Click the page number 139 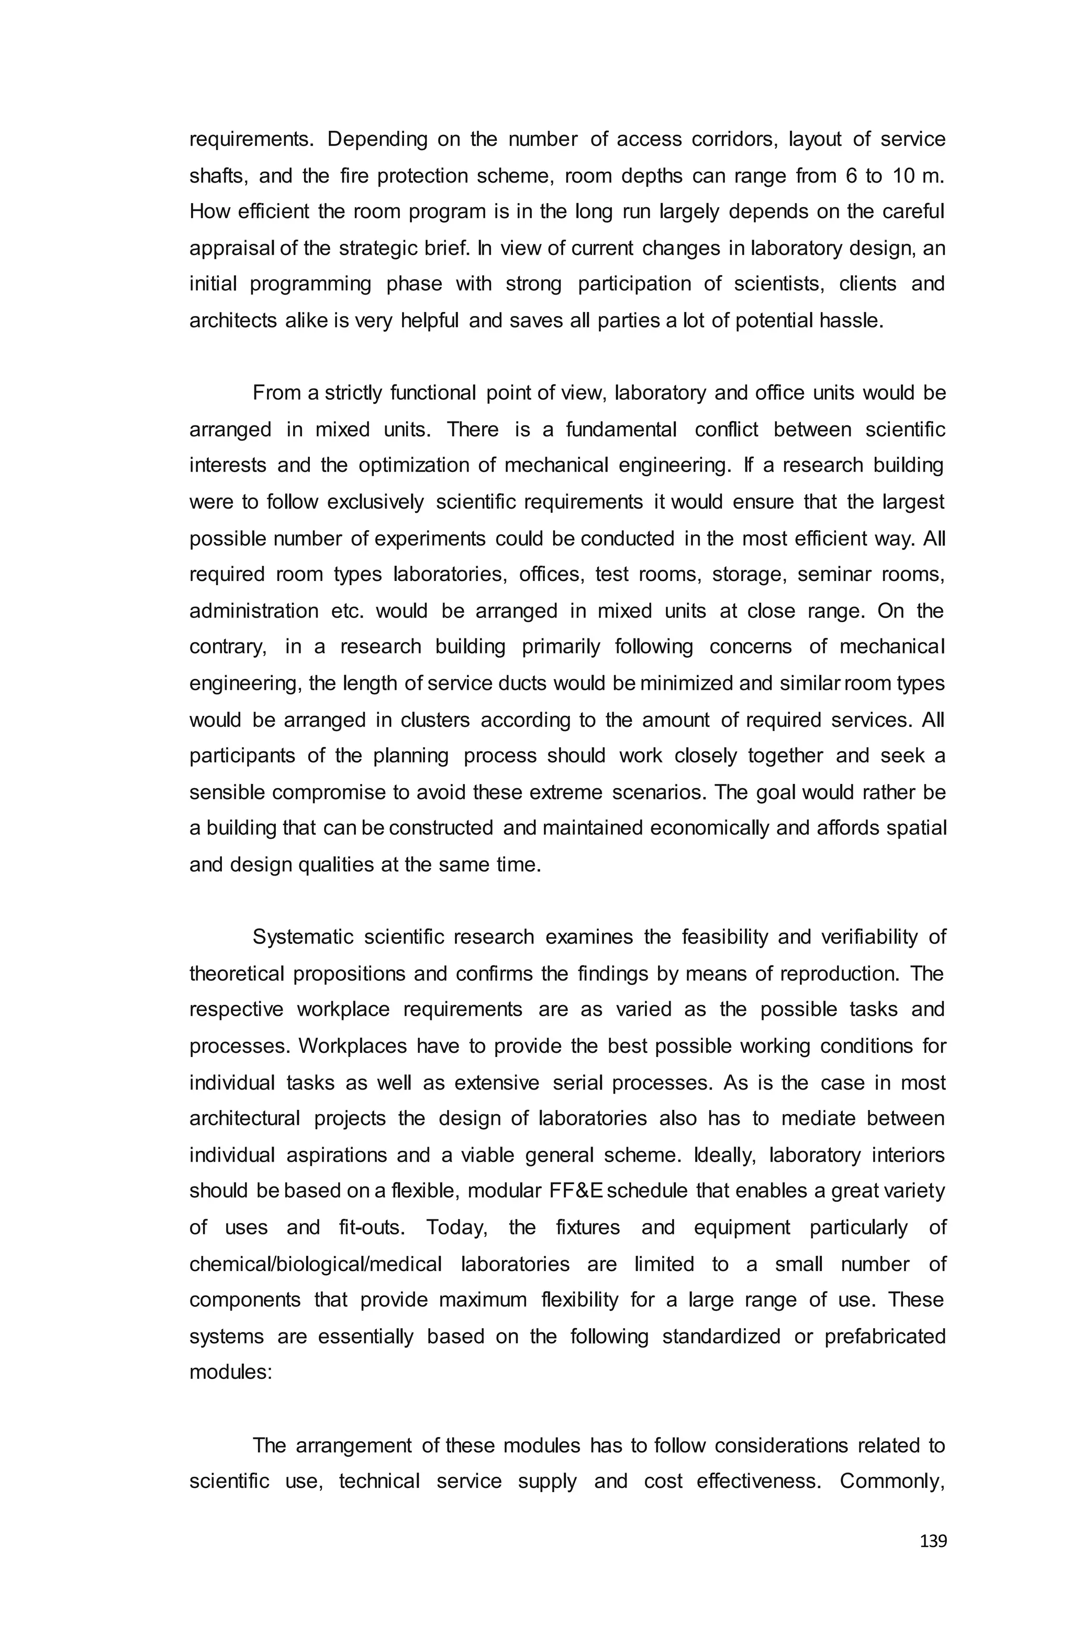933,1541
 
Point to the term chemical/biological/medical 316,1264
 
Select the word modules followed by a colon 231,1373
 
